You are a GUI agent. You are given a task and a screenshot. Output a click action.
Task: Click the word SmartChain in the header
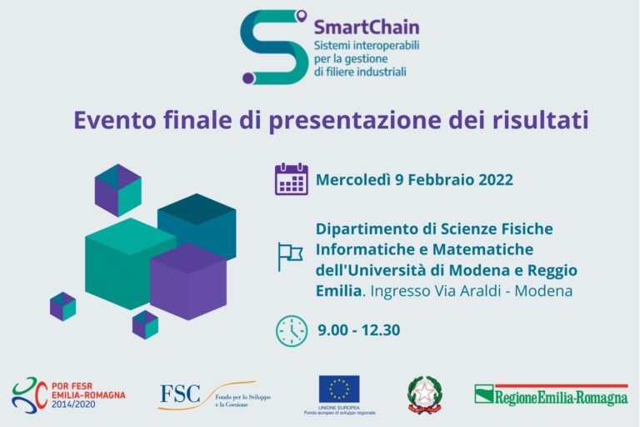pyautogui.click(x=367, y=28)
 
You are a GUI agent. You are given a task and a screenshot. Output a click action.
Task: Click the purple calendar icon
pyautogui.click(x=292, y=179)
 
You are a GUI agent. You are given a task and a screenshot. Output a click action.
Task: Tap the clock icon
pyautogui.click(x=292, y=330)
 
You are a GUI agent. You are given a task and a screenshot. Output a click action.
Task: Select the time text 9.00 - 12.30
pyautogui.click(x=358, y=330)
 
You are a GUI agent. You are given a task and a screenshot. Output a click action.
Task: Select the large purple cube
pyautogui.click(x=188, y=282)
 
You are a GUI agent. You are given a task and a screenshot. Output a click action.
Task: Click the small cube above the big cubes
pyautogui.click(x=117, y=189)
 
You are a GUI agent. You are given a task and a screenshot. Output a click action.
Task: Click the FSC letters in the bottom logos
pyautogui.click(x=180, y=393)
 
